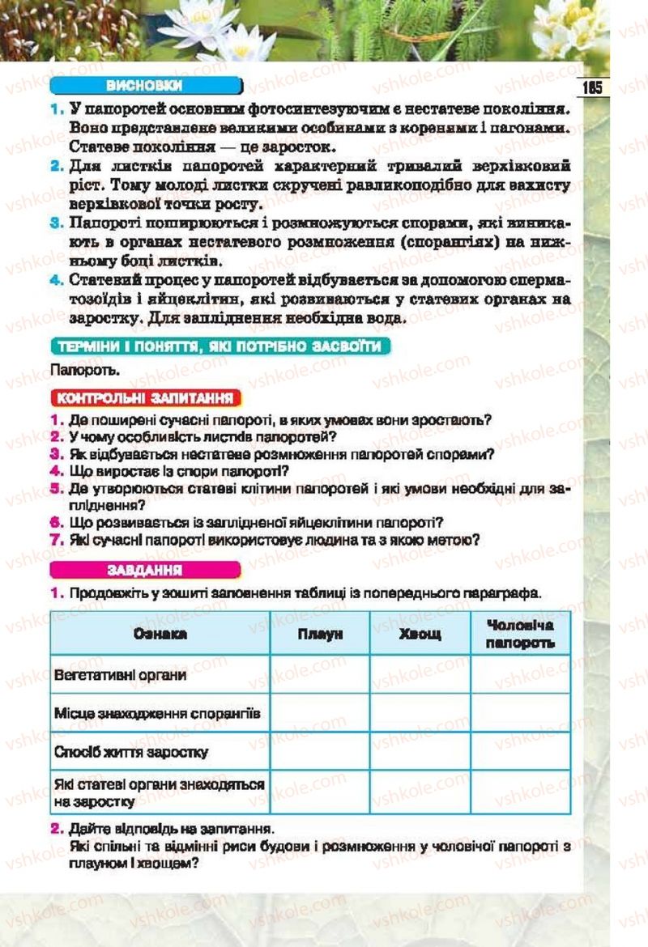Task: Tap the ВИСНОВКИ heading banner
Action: click(x=146, y=86)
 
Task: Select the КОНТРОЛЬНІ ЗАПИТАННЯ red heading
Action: click(x=146, y=397)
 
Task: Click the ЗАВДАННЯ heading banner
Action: click(x=146, y=569)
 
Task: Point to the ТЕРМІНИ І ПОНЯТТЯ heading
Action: click(x=219, y=346)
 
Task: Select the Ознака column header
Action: click(x=160, y=634)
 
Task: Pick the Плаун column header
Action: click(x=319, y=634)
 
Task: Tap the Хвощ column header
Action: click(x=420, y=634)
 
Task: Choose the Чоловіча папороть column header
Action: click(x=520, y=633)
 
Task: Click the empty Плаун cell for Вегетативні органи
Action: click(x=319, y=674)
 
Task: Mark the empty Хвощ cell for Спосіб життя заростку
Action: click(x=420, y=752)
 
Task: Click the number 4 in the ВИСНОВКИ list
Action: click(x=55, y=280)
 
